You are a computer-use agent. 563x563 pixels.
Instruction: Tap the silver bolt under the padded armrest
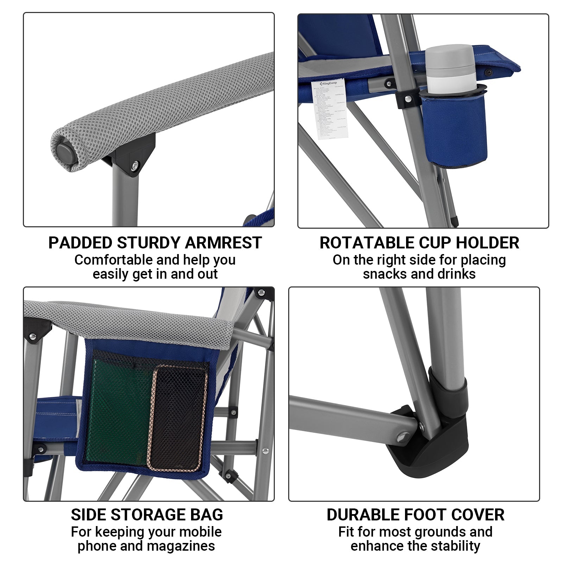pyautogui.click(x=135, y=165)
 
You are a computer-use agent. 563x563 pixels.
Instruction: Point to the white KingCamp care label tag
pyautogui.click(x=330, y=108)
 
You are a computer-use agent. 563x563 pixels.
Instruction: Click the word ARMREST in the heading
pyautogui.click(x=223, y=243)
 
